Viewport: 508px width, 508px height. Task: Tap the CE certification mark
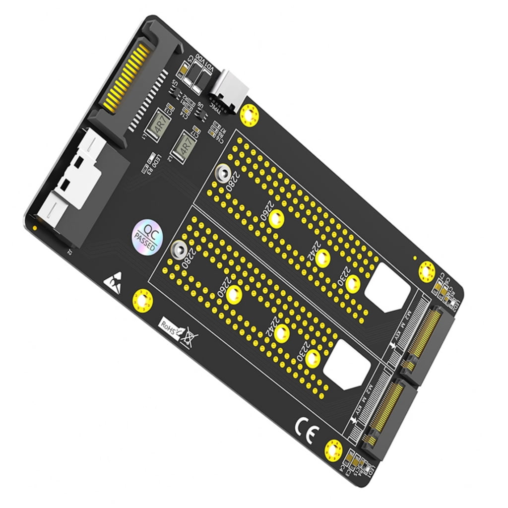click(304, 426)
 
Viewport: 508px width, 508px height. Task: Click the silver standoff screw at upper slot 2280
click(221, 174)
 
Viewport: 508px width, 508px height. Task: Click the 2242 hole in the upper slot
click(322, 258)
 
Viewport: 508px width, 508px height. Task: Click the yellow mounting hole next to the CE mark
click(333, 450)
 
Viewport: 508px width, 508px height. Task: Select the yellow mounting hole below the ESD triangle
click(142, 300)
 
